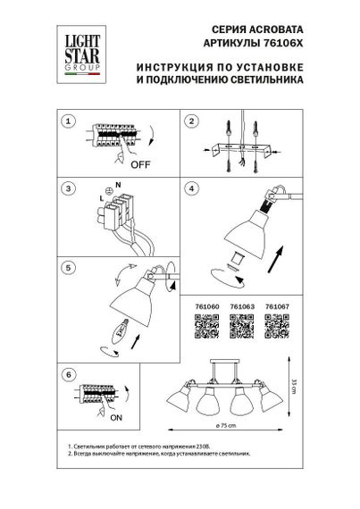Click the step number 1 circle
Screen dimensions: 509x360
[x=65, y=121]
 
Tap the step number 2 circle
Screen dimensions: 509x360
[x=189, y=121]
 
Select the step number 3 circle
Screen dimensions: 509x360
[x=65, y=190]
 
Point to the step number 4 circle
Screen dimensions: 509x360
[x=189, y=190]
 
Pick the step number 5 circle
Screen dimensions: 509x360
[x=65, y=266]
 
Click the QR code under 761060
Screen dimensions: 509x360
[x=205, y=329]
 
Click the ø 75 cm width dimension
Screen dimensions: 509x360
[x=238, y=428]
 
